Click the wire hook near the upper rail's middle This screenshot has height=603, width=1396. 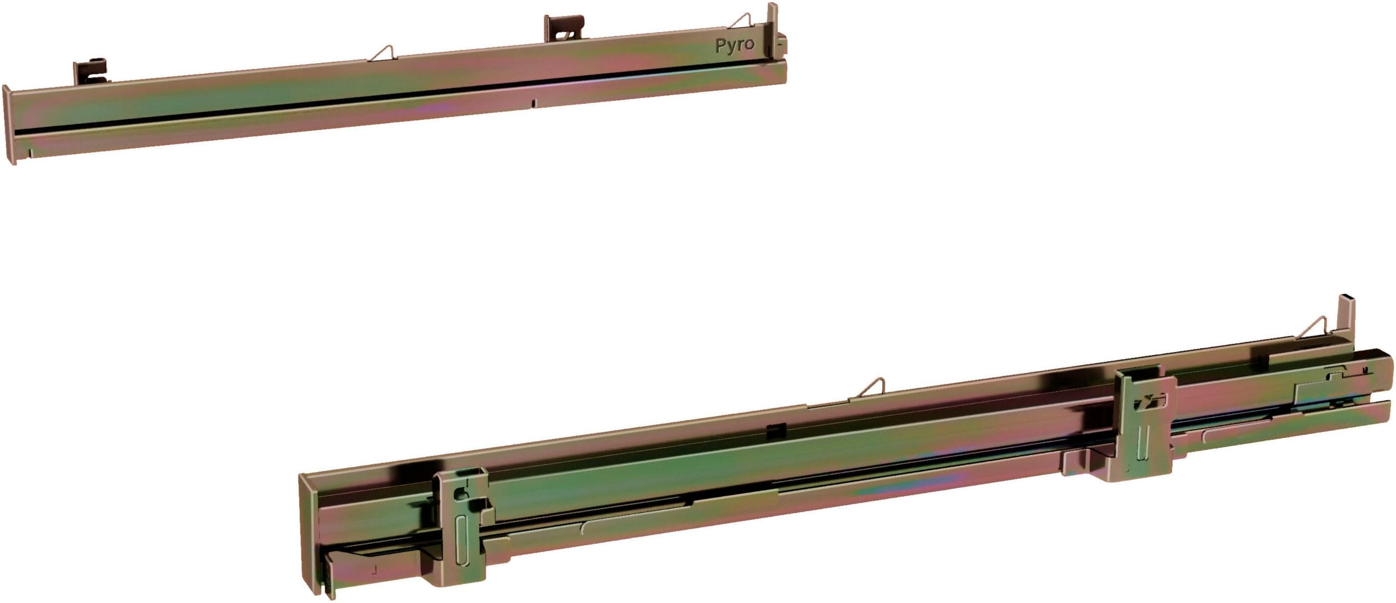point(383,52)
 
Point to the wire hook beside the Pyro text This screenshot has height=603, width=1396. point(741,21)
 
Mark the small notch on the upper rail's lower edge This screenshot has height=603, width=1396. point(533,103)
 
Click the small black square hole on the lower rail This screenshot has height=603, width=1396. point(776,431)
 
